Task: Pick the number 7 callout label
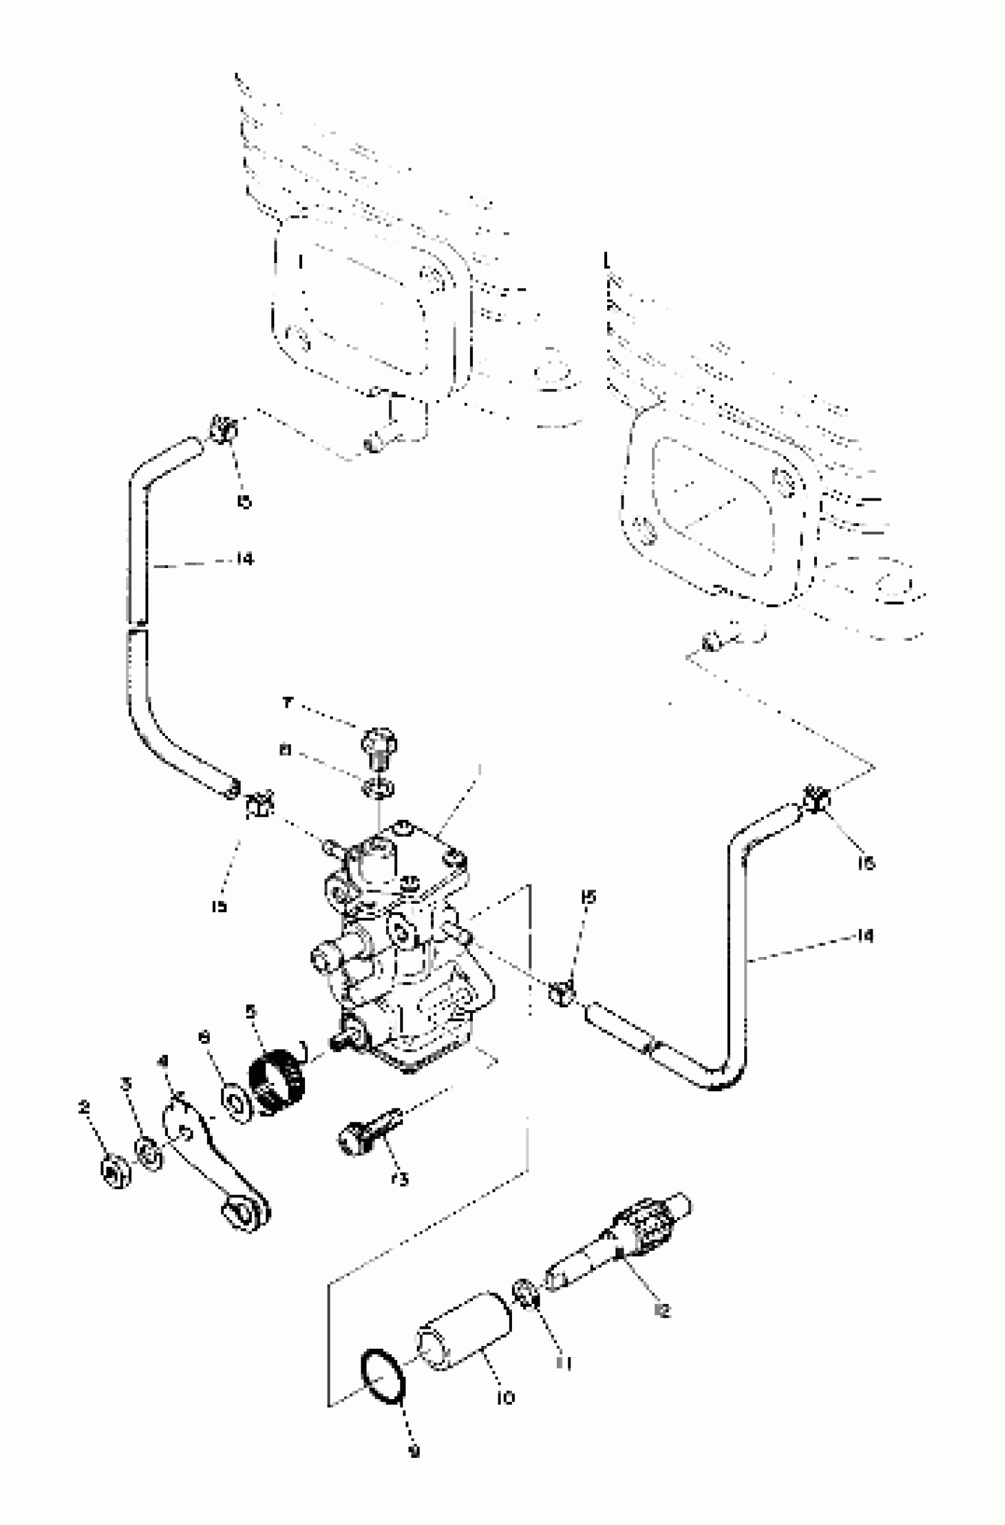[287, 703]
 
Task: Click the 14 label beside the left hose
[244, 559]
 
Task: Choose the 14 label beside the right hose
[865, 936]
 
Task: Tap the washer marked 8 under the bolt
[380, 789]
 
